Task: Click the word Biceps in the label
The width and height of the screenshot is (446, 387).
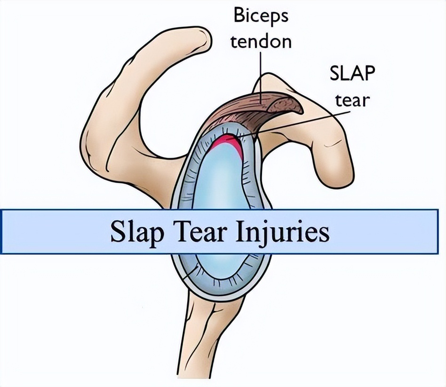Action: (261, 16)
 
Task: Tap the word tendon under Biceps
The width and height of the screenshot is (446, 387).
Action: (261, 41)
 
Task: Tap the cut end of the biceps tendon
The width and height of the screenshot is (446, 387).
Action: (285, 105)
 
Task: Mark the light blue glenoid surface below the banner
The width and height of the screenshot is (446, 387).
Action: (219, 265)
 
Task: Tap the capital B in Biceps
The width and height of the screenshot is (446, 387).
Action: (239, 16)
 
